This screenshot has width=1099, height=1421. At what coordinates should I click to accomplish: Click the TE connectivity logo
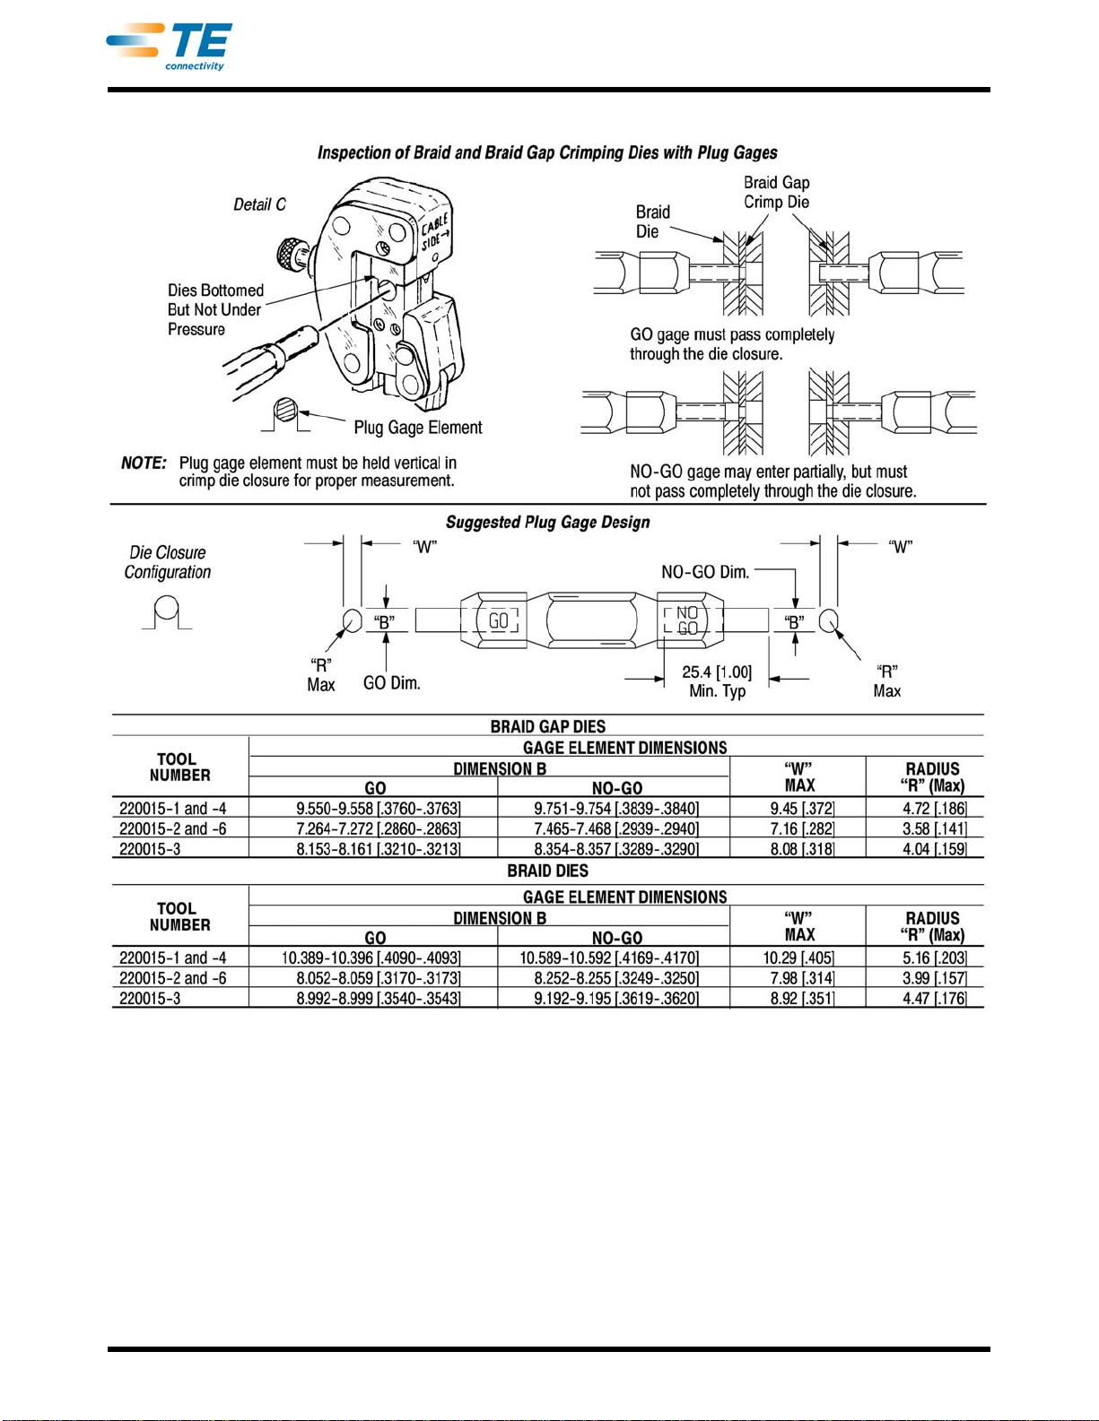169,47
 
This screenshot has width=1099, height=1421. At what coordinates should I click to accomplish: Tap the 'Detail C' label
259,204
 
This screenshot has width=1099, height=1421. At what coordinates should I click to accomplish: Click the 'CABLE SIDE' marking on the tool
435,231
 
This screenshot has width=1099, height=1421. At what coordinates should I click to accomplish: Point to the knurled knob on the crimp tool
290,253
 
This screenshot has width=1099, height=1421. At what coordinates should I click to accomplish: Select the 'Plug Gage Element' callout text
418,428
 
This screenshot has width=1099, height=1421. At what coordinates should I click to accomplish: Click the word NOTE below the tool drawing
144,463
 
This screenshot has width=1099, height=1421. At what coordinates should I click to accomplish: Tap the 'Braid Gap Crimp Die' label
777,192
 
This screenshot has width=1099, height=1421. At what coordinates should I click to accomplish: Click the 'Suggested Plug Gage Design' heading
548,523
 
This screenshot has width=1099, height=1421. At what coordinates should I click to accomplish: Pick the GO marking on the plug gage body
499,620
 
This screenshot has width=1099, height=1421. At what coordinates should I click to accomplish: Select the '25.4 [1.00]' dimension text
717,672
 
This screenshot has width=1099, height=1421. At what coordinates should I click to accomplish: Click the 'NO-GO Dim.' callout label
705,572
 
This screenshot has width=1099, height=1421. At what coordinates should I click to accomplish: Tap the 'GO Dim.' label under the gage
392,683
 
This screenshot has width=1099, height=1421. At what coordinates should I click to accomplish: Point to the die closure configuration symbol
167,612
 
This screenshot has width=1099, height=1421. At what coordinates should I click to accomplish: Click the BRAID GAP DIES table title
548,726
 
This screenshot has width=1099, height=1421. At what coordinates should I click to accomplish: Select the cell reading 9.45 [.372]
802,809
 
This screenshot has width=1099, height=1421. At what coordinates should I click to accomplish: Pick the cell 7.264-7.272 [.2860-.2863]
378,828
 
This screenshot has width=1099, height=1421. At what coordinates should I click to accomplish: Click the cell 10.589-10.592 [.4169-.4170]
609,958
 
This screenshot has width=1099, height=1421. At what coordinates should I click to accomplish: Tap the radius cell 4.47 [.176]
934,998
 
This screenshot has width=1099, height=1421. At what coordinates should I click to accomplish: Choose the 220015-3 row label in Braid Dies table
150,998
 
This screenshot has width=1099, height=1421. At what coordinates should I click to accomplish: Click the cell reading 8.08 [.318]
802,849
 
